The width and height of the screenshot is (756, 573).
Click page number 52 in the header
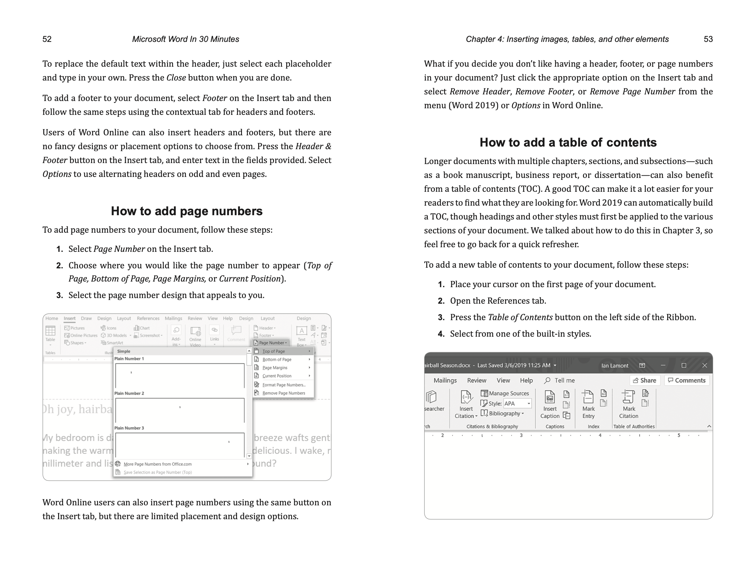(x=47, y=39)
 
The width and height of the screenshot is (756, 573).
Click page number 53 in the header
(x=708, y=39)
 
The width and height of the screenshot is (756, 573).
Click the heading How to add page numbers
(x=187, y=211)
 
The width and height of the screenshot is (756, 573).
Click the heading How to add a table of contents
(x=568, y=143)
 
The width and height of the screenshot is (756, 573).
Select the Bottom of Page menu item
(x=277, y=359)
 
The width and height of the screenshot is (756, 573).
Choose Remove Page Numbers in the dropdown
(x=283, y=393)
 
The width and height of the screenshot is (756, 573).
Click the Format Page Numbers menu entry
(x=283, y=385)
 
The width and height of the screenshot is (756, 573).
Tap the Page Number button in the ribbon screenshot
(x=271, y=343)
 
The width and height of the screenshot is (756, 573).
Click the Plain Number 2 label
(x=129, y=393)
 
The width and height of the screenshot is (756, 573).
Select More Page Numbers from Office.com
(x=157, y=464)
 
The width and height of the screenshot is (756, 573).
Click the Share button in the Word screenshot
(x=645, y=380)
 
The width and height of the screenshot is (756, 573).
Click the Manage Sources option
(x=505, y=393)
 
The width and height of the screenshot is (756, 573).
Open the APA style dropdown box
(x=517, y=404)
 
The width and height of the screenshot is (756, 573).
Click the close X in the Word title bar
(x=704, y=365)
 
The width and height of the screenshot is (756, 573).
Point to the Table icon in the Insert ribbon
(x=50, y=332)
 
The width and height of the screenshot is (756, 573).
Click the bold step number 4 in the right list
(x=441, y=334)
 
